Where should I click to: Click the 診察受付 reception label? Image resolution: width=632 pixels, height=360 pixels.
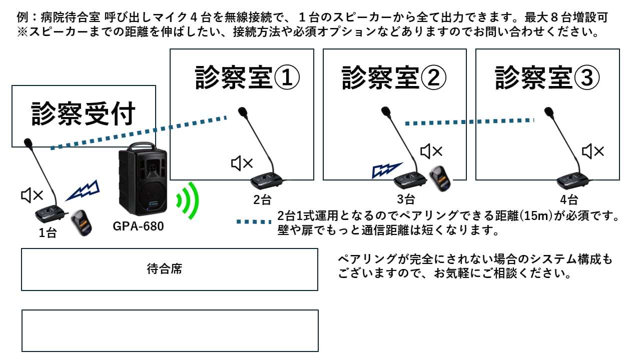(83, 114)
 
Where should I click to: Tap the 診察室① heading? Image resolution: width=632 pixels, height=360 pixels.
(247, 77)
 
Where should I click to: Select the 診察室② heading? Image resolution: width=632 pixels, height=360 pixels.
(394, 77)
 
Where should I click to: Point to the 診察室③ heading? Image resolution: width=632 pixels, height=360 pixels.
(547, 77)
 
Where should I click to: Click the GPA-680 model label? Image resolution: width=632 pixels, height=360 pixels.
(138, 226)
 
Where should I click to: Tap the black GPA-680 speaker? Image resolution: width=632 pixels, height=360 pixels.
(143, 180)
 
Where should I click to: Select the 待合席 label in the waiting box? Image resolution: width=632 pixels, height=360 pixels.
(165, 269)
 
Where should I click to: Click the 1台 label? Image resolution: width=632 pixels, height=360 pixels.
(48, 233)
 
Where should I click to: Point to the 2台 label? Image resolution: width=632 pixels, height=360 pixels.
(262, 200)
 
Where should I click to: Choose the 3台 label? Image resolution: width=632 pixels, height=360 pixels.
(406, 199)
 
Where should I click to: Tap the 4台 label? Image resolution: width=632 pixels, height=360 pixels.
(569, 200)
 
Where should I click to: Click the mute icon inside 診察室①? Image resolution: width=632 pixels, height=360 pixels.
(242, 163)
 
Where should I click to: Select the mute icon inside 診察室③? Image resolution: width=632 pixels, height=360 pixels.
(593, 151)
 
